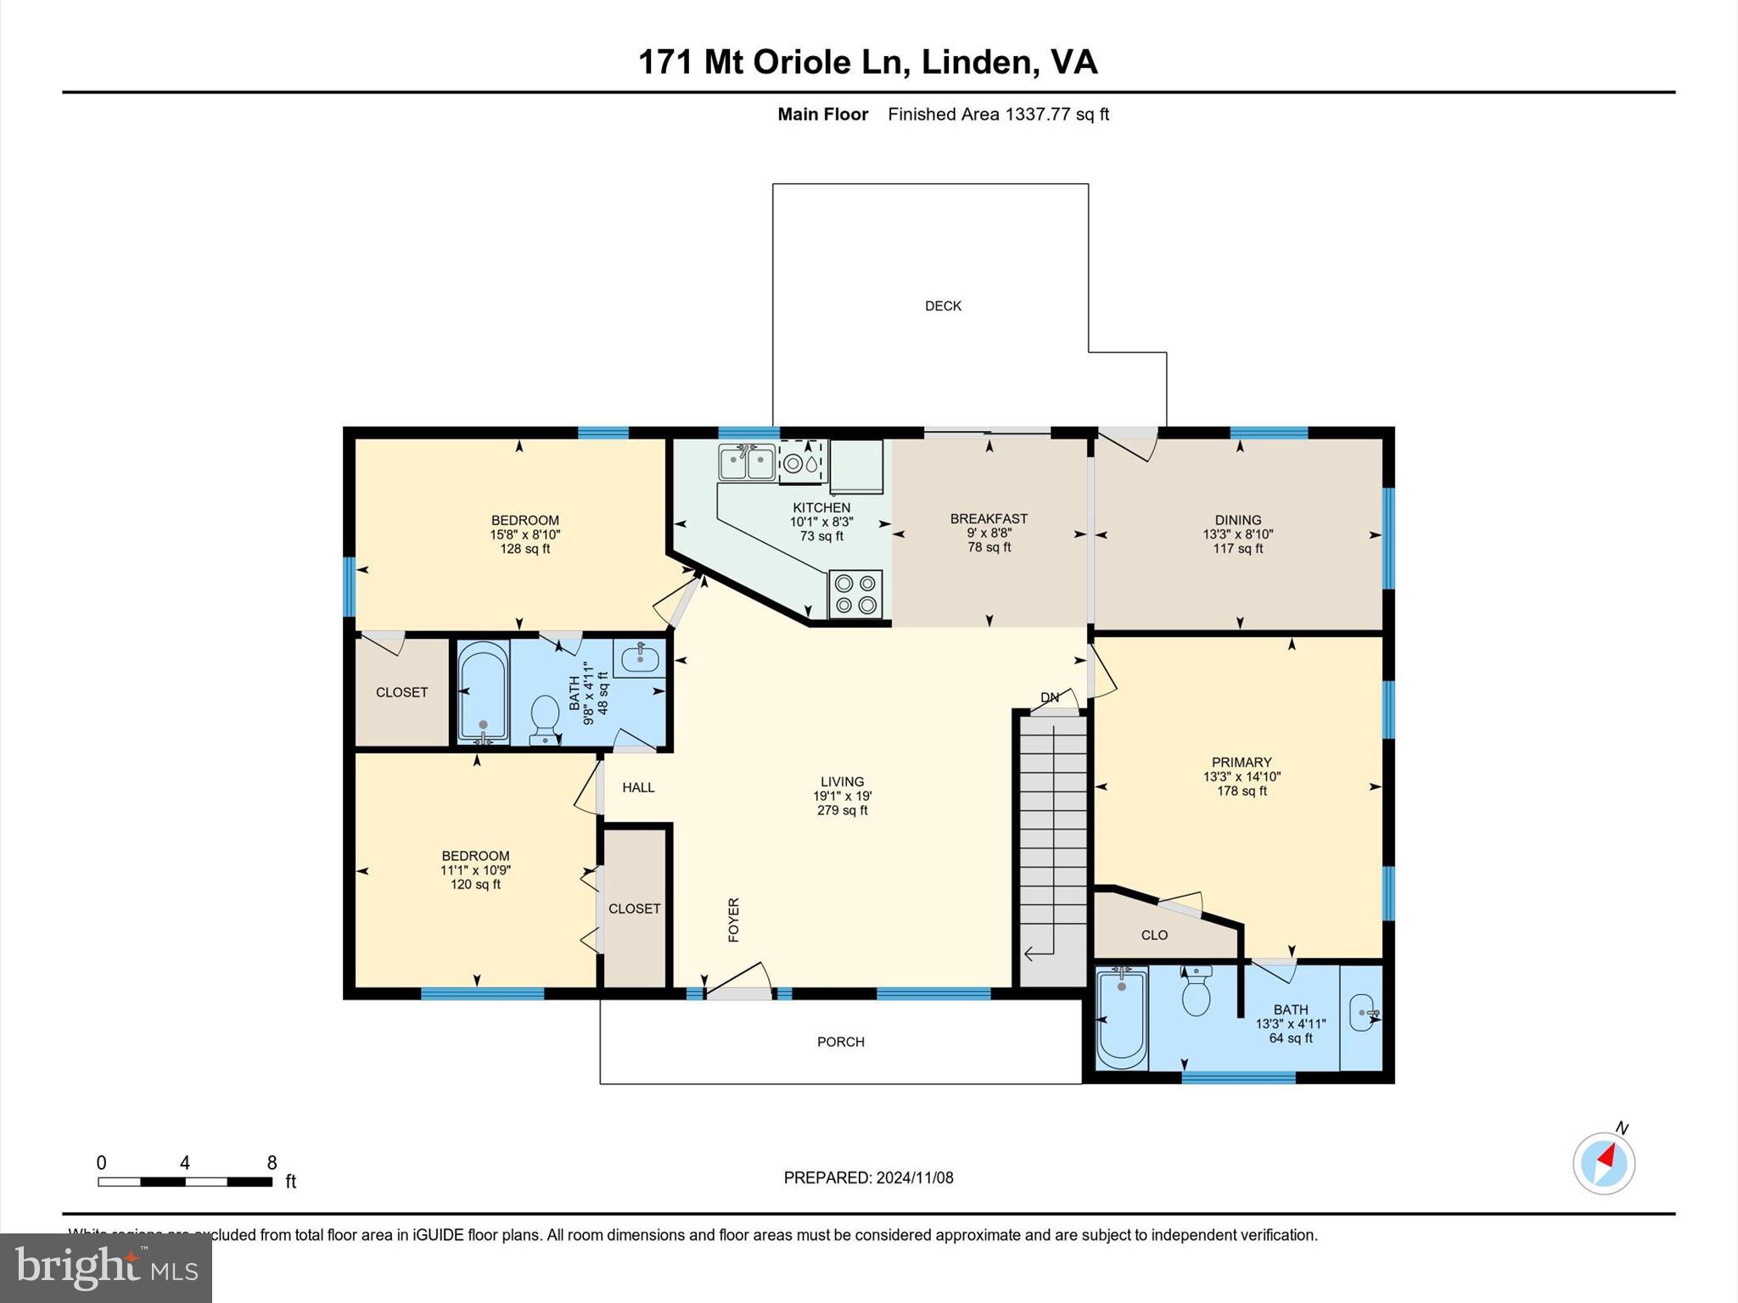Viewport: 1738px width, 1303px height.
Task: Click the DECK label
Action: point(943,306)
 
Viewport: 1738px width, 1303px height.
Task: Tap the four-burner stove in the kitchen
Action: point(855,594)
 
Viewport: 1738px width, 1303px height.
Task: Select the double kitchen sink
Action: point(747,463)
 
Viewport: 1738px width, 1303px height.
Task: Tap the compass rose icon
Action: point(1603,1163)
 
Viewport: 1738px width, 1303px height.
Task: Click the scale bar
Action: point(185,1182)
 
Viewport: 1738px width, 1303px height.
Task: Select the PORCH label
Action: point(840,1042)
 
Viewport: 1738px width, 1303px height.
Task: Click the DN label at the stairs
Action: point(1050,697)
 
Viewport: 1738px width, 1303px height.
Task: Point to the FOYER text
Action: point(734,920)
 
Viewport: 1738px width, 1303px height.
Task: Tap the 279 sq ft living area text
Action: point(842,810)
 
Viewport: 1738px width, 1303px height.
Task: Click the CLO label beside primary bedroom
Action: point(1154,935)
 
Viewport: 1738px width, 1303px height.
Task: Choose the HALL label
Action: point(638,787)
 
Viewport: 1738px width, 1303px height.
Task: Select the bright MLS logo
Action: point(106,1267)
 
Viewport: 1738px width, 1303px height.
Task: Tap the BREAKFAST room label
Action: point(989,518)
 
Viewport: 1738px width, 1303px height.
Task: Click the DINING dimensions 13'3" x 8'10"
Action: point(1237,534)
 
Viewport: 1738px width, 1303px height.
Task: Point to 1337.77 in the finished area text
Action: point(1037,115)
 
